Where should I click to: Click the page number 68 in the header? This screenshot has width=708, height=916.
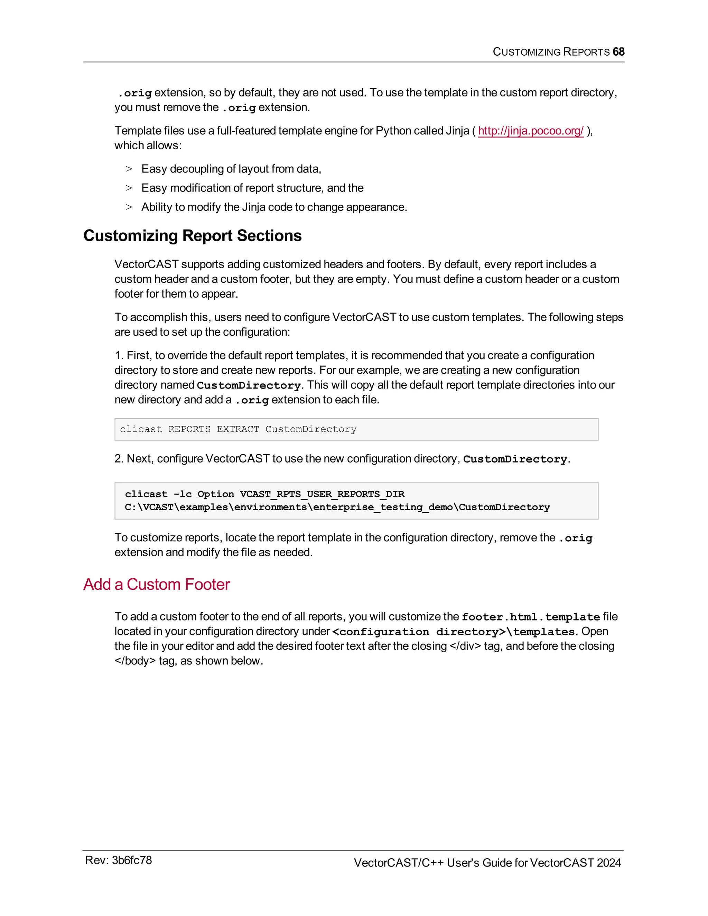click(618, 52)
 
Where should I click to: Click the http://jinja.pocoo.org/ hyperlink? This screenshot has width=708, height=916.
click(531, 131)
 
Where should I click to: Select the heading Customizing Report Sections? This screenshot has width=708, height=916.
click(193, 236)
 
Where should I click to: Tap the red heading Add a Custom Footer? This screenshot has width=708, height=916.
click(157, 584)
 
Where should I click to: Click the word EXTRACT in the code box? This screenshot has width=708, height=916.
click(238, 429)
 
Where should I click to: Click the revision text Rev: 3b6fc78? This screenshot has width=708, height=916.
click(118, 860)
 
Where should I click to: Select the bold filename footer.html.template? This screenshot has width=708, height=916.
click(531, 617)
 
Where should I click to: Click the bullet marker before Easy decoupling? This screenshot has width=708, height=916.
click(129, 169)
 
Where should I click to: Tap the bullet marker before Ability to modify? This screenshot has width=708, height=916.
click(129, 207)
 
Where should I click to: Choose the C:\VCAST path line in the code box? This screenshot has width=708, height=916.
click(337, 507)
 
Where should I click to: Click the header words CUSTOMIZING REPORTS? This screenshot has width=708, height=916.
click(551, 52)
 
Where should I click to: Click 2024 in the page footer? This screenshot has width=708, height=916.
click(608, 863)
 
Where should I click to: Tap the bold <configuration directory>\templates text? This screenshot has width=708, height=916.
click(453, 632)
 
